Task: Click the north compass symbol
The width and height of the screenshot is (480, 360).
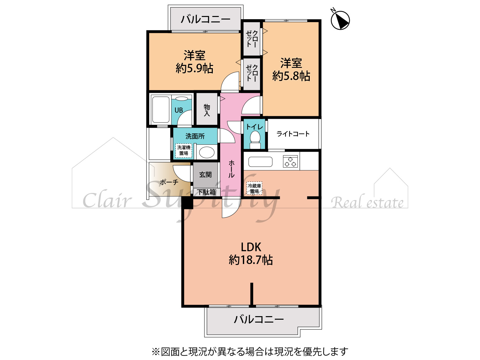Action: click(x=340, y=20)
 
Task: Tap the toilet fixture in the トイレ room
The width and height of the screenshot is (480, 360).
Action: click(x=255, y=140)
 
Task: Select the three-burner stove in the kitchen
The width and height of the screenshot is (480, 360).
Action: click(x=291, y=162)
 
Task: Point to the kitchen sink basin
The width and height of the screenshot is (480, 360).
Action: click(x=260, y=162)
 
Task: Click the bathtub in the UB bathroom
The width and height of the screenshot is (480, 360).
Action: click(x=161, y=109)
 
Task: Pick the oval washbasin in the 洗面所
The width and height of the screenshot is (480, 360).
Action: click(x=206, y=152)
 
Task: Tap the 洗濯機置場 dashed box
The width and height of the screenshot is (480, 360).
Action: click(x=184, y=150)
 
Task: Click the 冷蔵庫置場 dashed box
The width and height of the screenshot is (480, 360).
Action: click(x=254, y=188)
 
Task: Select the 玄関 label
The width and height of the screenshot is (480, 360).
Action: click(x=205, y=175)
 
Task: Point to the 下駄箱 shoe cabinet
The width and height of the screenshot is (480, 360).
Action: click(x=206, y=192)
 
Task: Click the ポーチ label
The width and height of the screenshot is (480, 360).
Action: click(x=169, y=182)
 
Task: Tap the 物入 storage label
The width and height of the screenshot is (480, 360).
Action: click(x=207, y=110)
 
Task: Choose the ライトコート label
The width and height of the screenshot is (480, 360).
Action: click(x=293, y=134)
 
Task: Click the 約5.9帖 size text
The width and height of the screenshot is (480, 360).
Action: click(x=195, y=68)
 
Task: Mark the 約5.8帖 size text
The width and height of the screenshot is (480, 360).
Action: click(x=291, y=76)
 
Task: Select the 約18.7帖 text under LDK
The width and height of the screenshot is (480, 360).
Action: click(x=251, y=260)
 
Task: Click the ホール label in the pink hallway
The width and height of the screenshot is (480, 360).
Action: click(x=231, y=169)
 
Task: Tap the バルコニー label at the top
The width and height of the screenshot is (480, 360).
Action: click(x=205, y=19)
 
